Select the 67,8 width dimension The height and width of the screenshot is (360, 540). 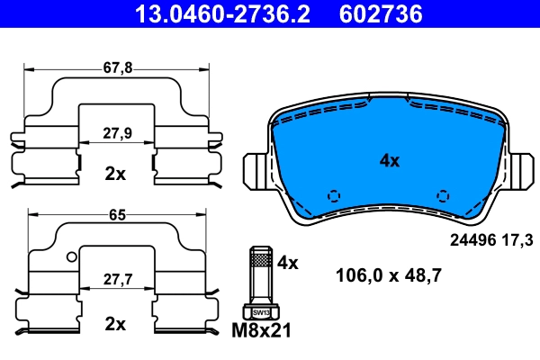[x=115, y=67]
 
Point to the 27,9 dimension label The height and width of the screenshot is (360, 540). [x=115, y=132]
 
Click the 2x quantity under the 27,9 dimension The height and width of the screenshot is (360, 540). [x=115, y=174]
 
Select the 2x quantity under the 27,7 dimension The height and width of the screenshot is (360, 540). [x=115, y=323]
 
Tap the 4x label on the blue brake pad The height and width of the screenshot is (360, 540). [x=389, y=161]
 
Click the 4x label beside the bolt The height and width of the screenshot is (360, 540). [x=287, y=263]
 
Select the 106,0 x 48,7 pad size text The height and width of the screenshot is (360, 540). [x=388, y=276]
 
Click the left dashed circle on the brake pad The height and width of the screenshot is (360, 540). [x=334, y=195]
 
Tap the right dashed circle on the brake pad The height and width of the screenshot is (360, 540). [x=442, y=195]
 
